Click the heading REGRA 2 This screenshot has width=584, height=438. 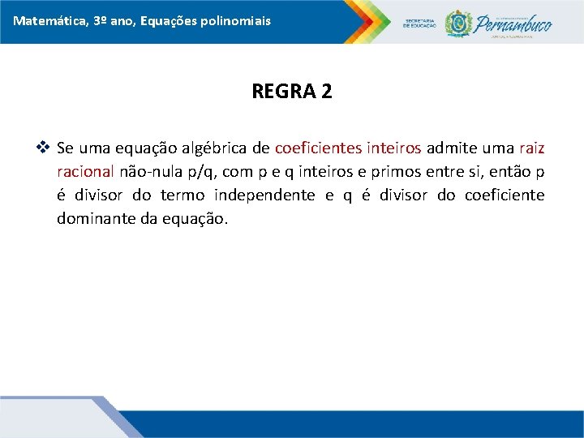[x=292, y=91]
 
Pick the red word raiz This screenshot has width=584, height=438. [x=531, y=148]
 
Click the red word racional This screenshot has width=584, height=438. [x=85, y=172]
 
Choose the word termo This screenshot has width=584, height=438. [x=182, y=195]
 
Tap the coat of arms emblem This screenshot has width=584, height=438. [x=459, y=22]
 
